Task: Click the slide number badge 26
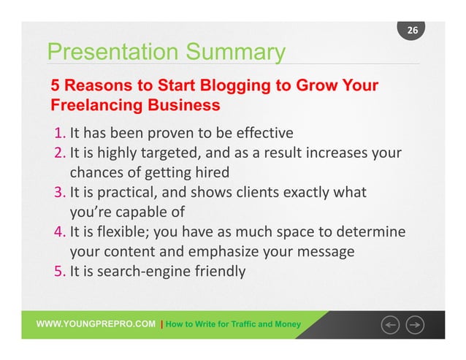coord(413,30)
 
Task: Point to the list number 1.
coord(59,133)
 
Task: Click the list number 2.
coord(59,153)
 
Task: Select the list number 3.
coord(59,193)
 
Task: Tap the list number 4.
coord(59,232)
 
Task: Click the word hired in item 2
coord(211,173)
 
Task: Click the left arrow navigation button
coord(389,323)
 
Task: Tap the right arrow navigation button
coord(416,323)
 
